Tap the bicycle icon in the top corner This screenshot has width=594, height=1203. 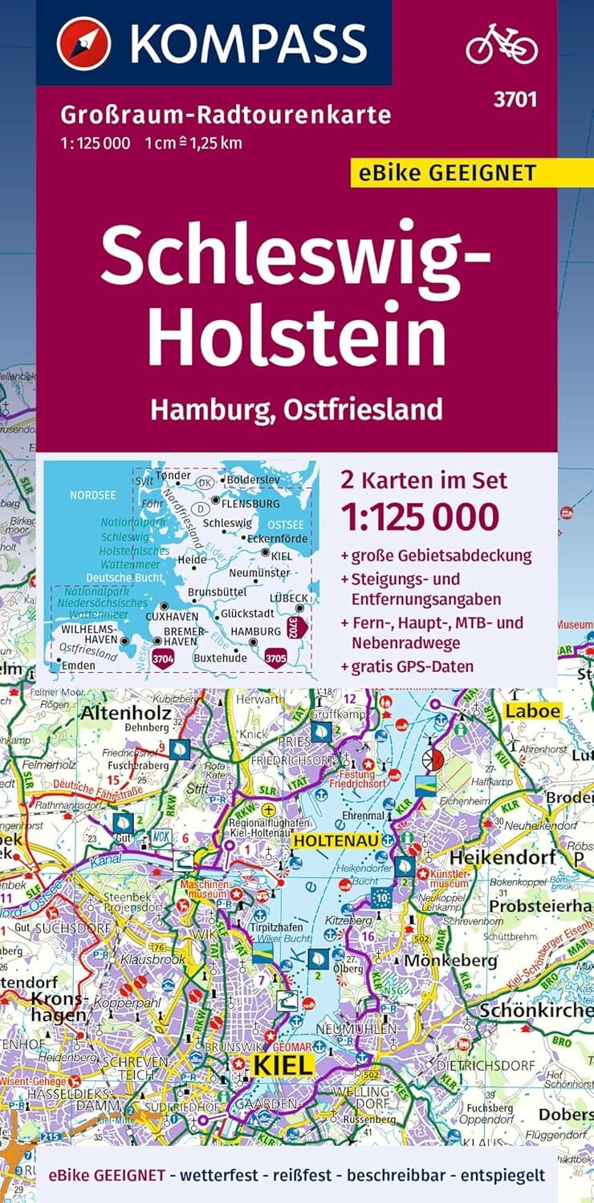(501, 43)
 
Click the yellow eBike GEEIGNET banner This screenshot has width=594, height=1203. (454, 172)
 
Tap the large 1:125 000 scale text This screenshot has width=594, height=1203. (419, 517)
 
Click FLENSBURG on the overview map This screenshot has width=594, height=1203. (250, 504)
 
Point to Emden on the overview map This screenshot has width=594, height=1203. (77, 665)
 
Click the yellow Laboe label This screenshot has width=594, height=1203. (532, 710)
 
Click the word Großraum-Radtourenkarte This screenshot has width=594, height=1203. (225, 115)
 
